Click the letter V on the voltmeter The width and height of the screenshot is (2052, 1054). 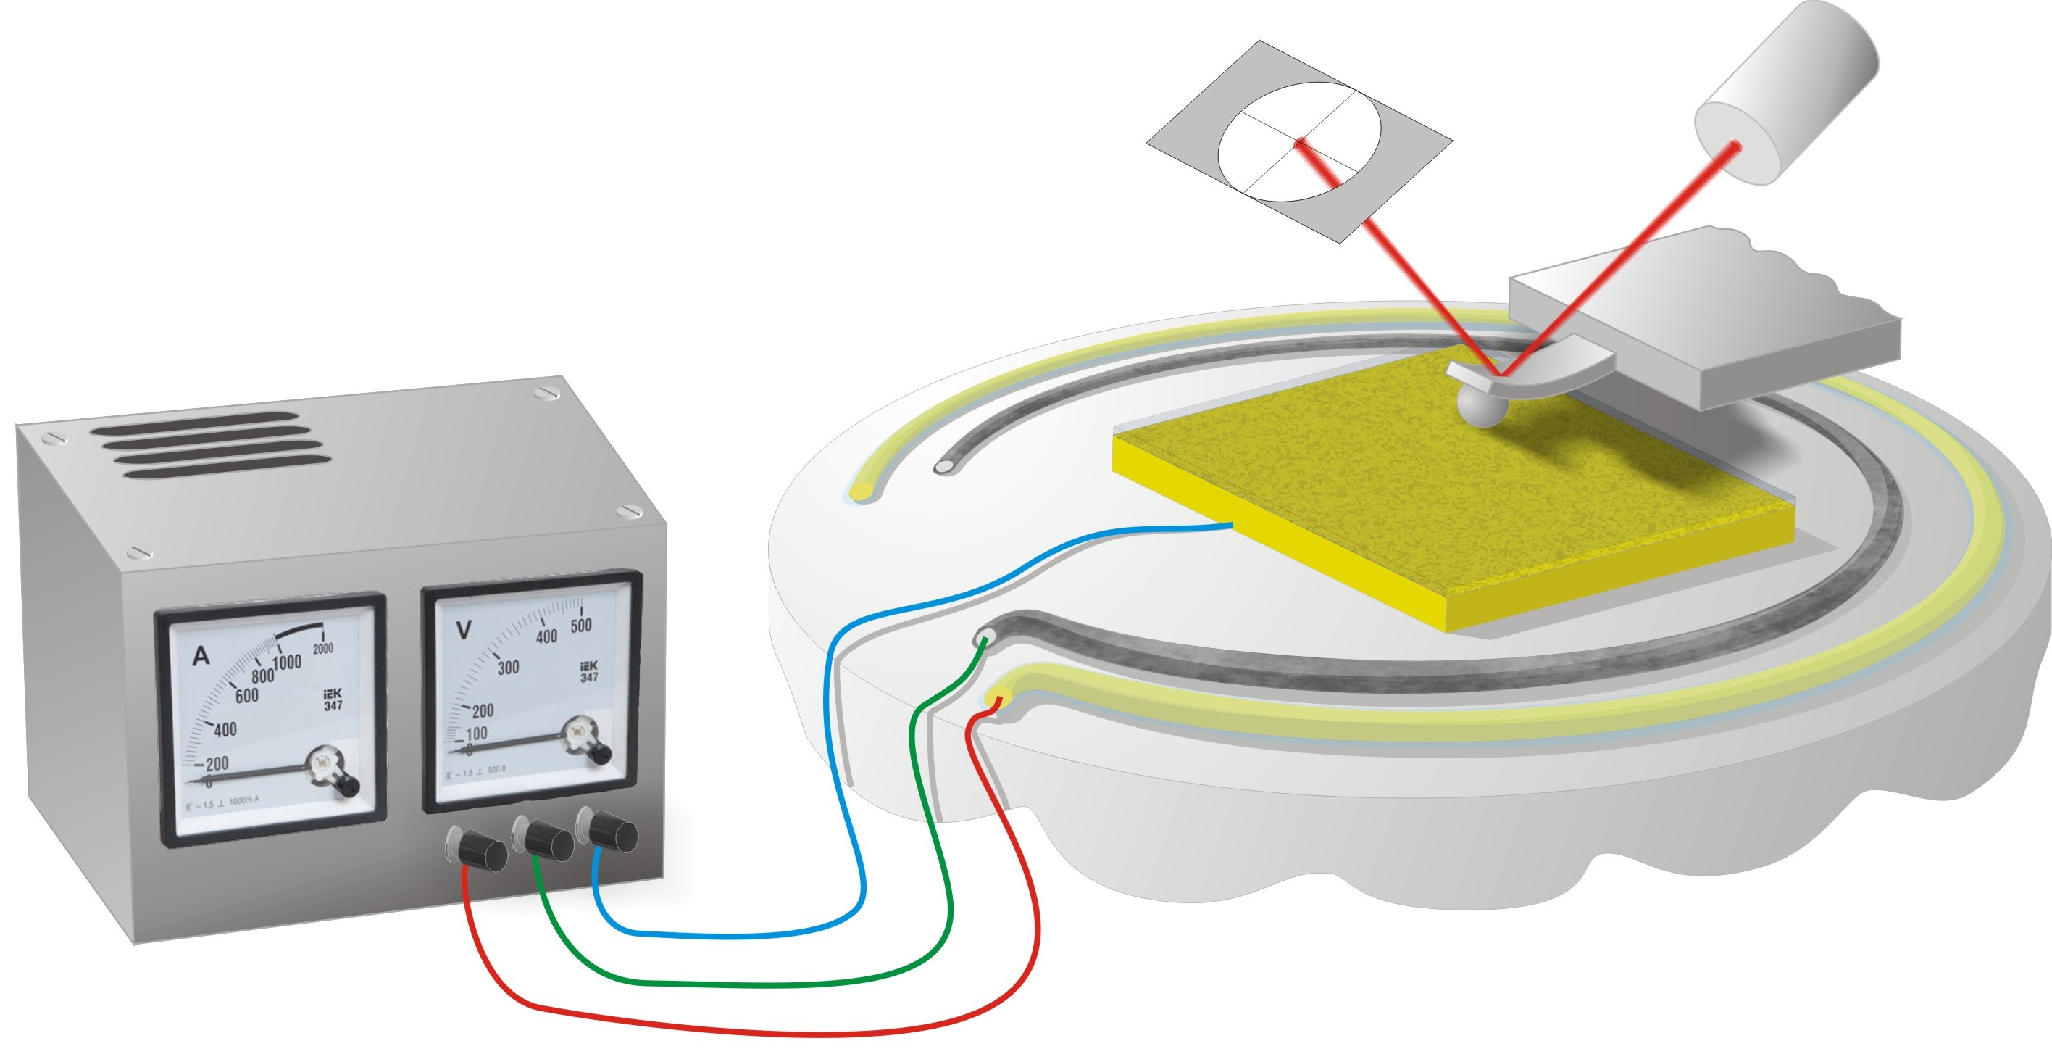463,630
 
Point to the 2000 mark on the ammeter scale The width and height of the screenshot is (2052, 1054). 322,649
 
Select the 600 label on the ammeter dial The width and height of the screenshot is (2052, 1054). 246,695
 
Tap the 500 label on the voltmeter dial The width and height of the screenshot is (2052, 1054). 580,626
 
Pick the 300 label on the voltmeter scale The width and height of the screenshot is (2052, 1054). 508,667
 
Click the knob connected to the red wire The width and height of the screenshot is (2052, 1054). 482,852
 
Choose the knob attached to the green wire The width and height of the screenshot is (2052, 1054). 549,839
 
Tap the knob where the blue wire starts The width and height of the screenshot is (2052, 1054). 612,831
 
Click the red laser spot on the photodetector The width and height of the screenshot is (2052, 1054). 1300,144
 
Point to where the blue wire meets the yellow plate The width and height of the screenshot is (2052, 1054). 1232,524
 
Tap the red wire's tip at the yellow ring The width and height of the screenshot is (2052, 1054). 997,700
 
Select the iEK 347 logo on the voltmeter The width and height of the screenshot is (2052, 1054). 588,671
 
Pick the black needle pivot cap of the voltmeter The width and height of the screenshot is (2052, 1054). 601,753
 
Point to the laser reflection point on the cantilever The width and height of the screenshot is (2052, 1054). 1501,375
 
